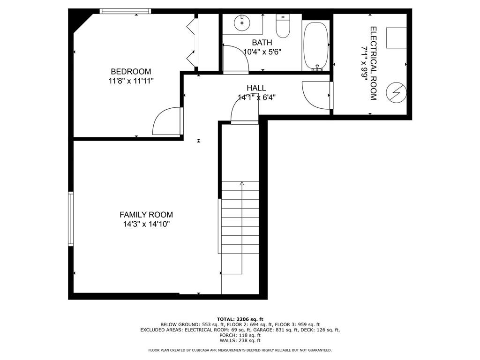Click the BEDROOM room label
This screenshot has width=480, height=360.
point(131,72)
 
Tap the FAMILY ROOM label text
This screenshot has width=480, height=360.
point(142,215)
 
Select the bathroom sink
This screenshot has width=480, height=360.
point(242,22)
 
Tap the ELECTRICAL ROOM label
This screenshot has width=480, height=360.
point(374,63)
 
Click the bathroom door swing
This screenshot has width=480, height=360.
point(235,58)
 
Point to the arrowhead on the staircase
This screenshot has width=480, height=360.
point(242,184)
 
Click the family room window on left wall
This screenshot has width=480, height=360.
point(71,219)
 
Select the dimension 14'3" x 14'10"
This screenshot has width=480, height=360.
point(142,224)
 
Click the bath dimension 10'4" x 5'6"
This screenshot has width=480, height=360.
point(262,52)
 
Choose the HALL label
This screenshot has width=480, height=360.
point(256,88)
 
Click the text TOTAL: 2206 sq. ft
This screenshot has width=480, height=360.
point(240,319)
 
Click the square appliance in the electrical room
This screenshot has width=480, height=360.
point(396,37)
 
